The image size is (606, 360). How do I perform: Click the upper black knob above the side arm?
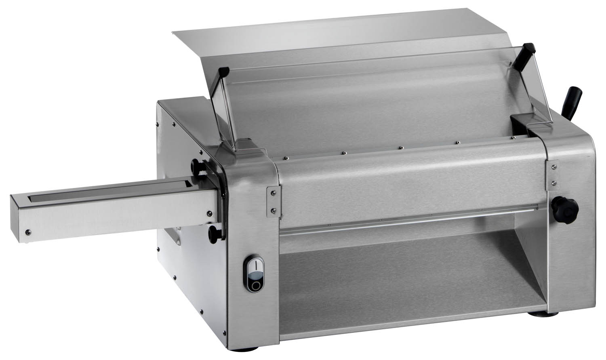197,166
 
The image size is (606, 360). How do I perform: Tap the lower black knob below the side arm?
213,233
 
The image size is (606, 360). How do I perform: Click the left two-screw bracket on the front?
273,201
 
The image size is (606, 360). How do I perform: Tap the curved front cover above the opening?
408,178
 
